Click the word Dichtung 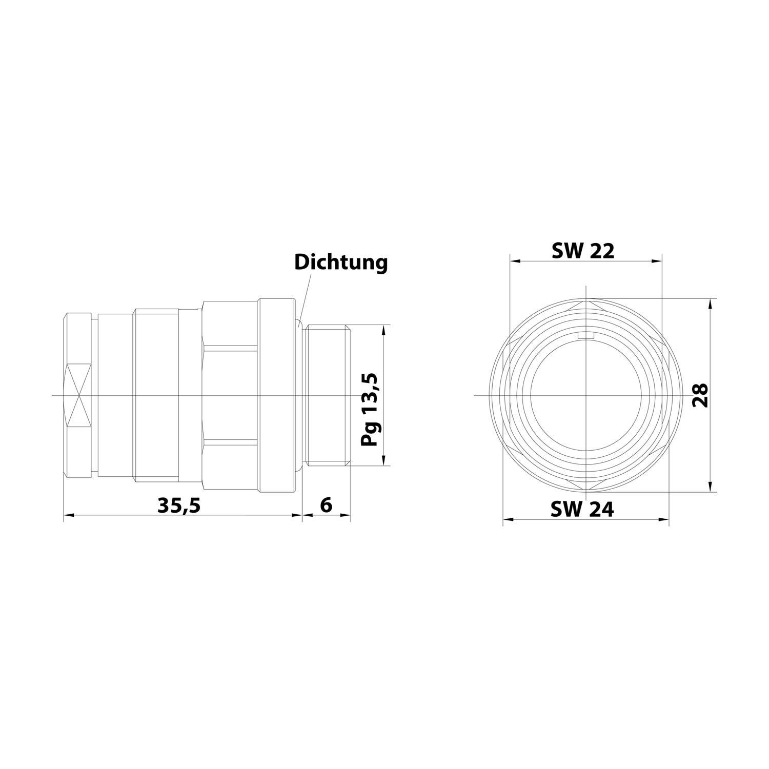(340, 262)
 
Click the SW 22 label (582, 251)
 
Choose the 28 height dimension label (700, 395)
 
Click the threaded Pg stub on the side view (327, 395)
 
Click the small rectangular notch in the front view (585, 336)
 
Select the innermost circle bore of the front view (585, 395)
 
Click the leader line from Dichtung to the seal (305, 297)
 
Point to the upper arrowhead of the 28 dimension (710, 303)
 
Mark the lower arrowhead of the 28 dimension (710, 487)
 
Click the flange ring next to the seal (277, 395)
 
